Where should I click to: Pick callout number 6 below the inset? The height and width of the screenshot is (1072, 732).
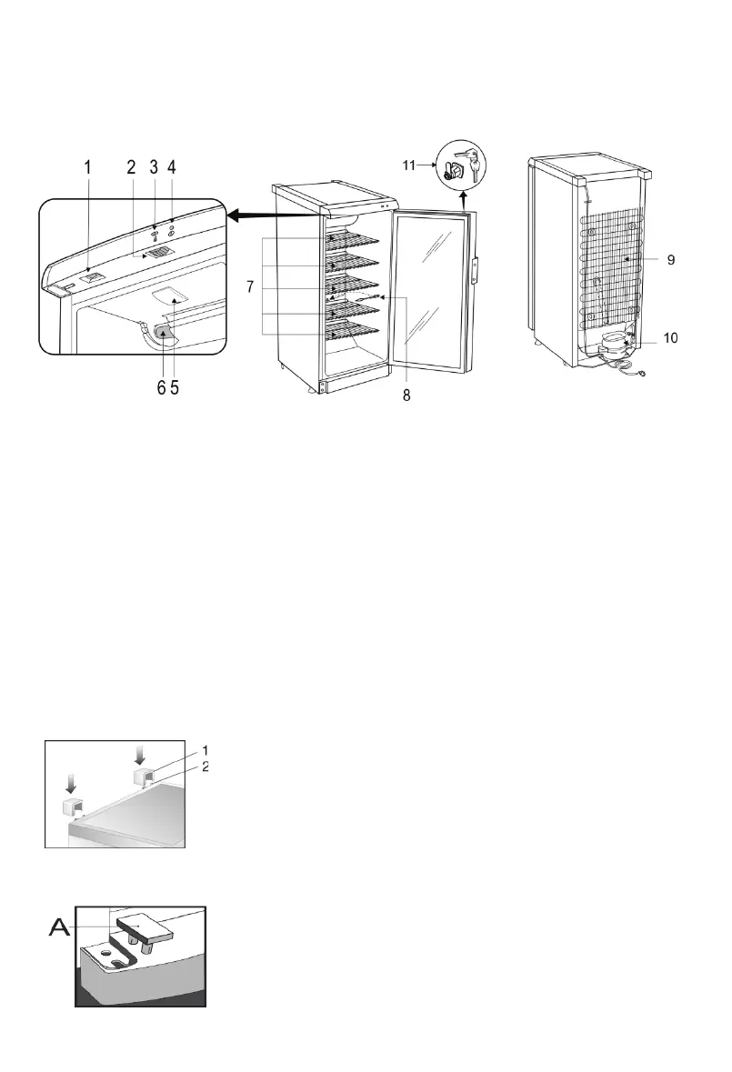(161, 387)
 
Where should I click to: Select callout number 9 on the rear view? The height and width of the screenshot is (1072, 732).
(670, 260)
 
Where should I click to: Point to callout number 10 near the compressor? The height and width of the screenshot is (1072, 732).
(670, 337)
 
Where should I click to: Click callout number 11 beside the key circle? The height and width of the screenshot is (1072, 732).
(410, 165)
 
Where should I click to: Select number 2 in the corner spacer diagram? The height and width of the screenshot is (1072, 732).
(206, 766)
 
